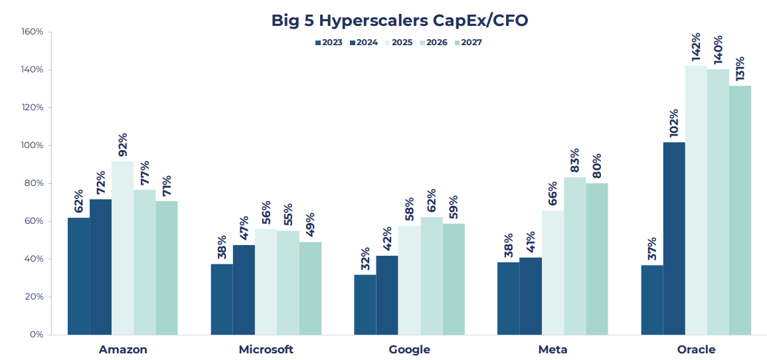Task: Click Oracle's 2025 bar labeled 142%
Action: point(696,199)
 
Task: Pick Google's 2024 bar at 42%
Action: point(386,295)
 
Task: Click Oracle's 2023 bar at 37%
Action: point(652,300)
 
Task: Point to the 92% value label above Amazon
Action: point(122,145)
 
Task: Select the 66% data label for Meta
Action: point(553,195)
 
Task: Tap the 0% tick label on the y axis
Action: point(36,335)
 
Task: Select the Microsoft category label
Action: point(266,349)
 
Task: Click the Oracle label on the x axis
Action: point(696,349)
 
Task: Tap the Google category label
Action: point(409,349)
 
